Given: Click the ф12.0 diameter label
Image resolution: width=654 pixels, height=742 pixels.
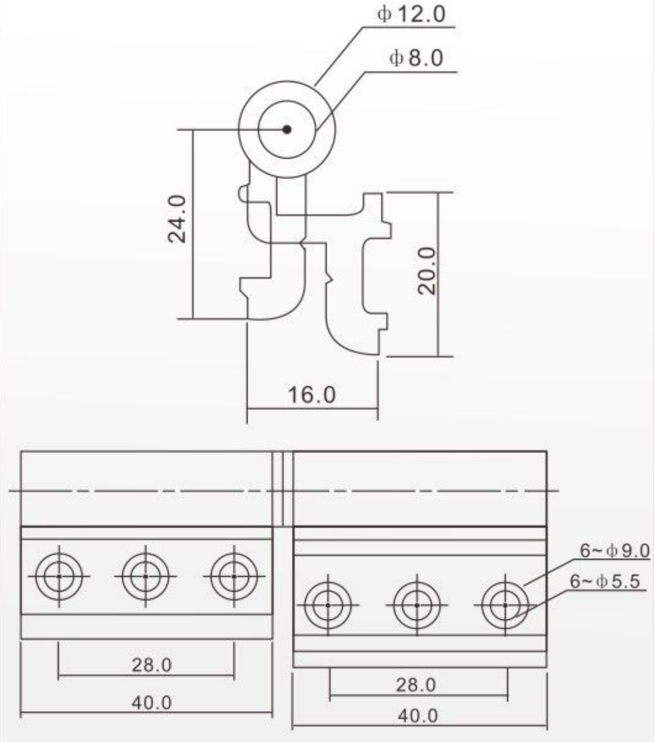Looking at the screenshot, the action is click(x=411, y=13).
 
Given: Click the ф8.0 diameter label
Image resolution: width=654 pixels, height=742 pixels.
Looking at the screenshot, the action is click(x=416, y=58).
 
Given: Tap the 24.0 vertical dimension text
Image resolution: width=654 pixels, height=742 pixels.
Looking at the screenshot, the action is click(x=177, y=218).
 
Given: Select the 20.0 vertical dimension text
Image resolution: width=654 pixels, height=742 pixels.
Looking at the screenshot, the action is click(x=427, y=270).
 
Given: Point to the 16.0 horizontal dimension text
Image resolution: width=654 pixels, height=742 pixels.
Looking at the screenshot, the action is click(x=312, y=394).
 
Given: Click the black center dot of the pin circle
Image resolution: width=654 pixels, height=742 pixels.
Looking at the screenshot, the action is click(x=287, y=129).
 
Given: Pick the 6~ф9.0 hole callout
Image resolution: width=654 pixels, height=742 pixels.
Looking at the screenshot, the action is click(x=615, y=551).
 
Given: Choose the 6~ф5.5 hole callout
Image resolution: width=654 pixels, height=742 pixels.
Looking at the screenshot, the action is click(x=604, y=581).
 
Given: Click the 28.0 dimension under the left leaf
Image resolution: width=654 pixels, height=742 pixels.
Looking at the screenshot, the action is click(x=152, y=665).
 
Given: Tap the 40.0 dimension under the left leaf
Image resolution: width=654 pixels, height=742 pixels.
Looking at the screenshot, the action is click(x=152, y=703).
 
